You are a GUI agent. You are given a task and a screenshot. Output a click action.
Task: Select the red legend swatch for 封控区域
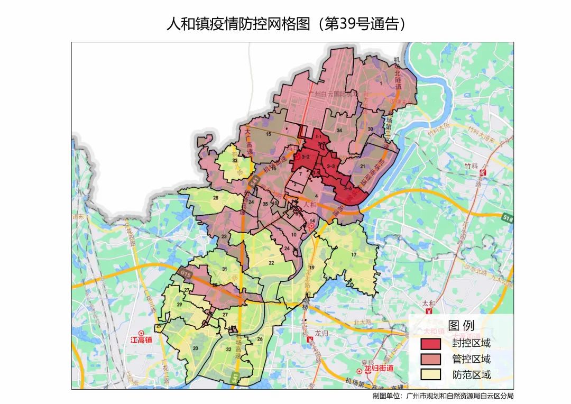click(x=430, y=343)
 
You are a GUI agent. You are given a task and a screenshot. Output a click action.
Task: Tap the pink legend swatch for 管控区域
click(x=430, y=359)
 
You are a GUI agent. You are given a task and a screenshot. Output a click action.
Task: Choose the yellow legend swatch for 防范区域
click(x=430, y=375)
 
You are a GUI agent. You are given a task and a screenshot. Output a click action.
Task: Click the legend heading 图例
click(x=461, y=325)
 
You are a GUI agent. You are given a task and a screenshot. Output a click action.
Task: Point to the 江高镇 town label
click(x=141, y=339)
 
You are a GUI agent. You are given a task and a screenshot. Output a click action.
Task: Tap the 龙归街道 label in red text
click(x=378, y=369)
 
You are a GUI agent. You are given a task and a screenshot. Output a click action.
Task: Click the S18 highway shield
click(x=508, y=217)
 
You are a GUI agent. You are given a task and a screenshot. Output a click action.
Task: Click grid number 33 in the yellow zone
click(x=235, y=160)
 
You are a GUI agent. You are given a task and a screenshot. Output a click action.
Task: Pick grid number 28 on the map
click(x=216, y=198)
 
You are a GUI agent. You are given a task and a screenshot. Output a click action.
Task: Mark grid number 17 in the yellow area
click(x=354, y=255)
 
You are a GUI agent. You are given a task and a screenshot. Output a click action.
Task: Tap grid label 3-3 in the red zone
click(x=331, y=166)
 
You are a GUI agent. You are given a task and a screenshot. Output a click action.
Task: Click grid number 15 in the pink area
click(x=268, y=134)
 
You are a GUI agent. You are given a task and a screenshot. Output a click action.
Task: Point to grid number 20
click(x=196, y=348)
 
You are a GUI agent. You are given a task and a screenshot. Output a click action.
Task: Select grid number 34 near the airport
click(x=339, y=130)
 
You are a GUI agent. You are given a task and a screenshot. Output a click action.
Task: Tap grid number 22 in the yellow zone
click(x=271, y=263)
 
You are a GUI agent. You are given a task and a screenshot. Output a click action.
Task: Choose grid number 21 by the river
click(x=363, y=166)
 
